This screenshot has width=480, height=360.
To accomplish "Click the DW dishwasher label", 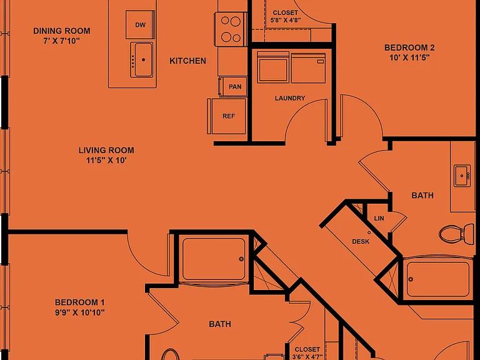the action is [140, 25].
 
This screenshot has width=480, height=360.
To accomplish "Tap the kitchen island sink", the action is [142, 60].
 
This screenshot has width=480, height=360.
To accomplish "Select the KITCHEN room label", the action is [187, 61].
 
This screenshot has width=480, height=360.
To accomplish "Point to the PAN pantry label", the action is [235, 87].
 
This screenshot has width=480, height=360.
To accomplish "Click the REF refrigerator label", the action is [229, 116].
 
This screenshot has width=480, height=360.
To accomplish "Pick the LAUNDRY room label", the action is [290, 98].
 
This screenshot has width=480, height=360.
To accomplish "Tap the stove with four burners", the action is [231, 29].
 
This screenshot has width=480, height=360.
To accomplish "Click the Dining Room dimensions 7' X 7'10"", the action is [61, 41].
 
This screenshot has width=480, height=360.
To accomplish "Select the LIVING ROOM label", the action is [106, 150].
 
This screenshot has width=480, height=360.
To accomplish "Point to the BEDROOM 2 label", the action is [409, 47].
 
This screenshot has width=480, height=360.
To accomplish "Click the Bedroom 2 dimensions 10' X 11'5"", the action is [409, 57].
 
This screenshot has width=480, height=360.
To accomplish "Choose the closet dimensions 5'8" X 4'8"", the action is [286, 21].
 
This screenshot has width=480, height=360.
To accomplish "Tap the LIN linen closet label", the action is [379, 219].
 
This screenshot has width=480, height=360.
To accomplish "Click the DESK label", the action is [361, 241].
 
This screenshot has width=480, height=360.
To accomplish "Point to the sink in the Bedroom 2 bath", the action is [462, 176].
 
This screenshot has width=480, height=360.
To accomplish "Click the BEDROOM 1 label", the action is [79, 302].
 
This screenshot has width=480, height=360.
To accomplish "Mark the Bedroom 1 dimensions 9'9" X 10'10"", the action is [79, 312].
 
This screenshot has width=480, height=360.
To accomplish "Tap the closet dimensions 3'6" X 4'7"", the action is [307, 357].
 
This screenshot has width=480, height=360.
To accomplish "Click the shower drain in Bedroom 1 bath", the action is [241, 259].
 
